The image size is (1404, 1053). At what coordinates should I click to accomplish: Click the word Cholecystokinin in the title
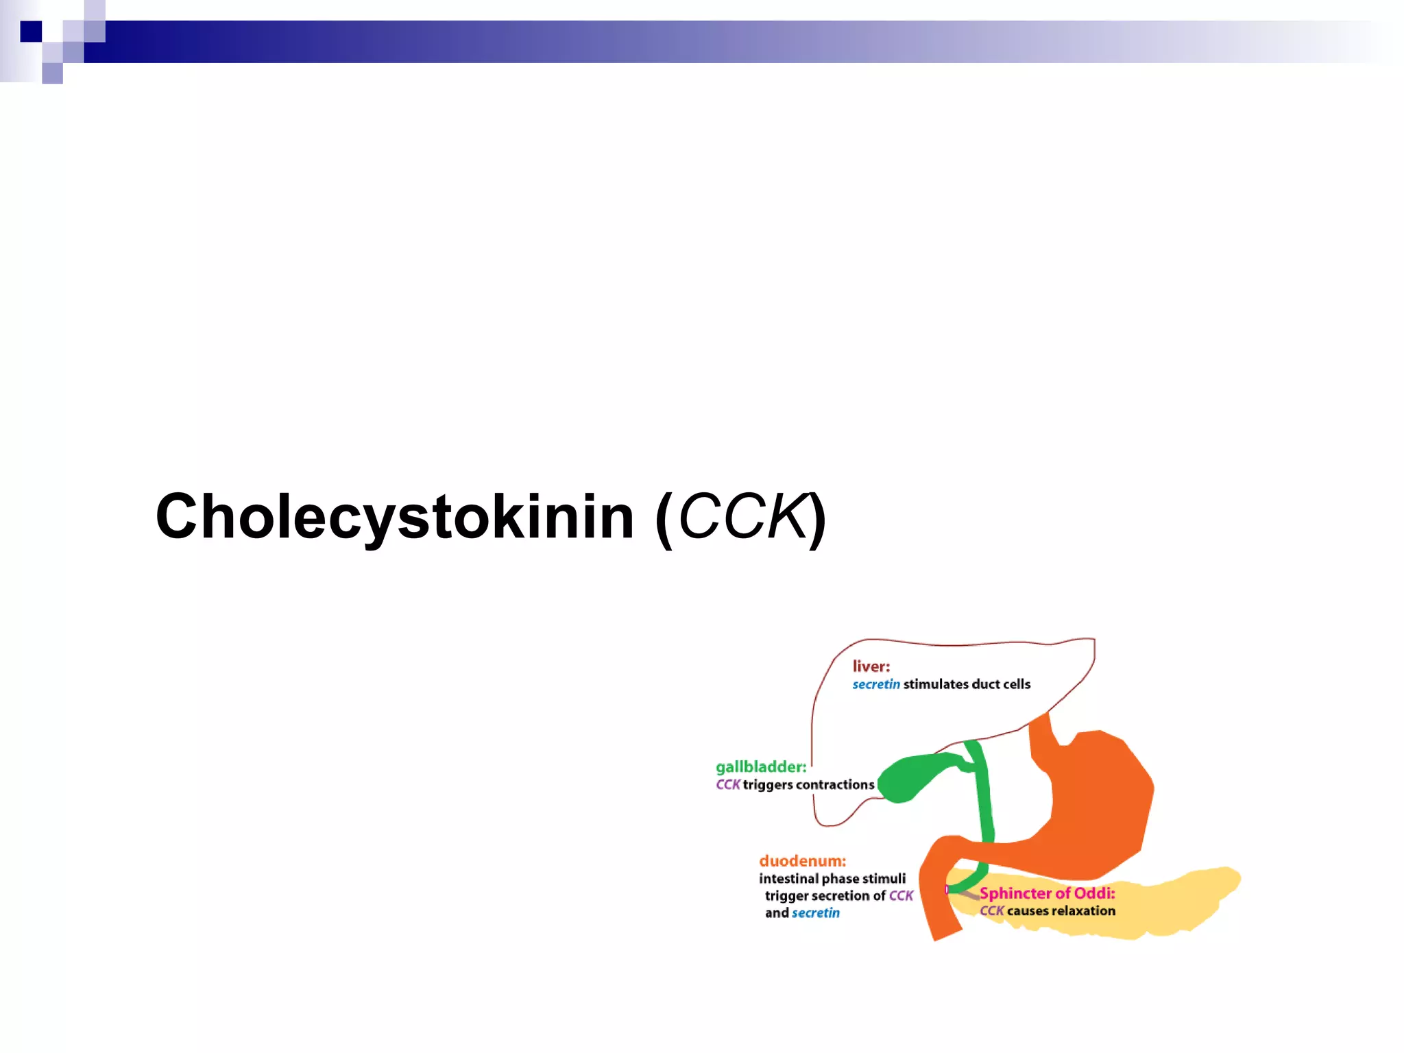tap(394, 518)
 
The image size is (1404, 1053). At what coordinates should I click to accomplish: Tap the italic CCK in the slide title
tap(742, 518)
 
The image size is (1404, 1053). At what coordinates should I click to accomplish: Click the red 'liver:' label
tap(871, 666)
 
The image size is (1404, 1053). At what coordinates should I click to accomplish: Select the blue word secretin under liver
tap(875, 684)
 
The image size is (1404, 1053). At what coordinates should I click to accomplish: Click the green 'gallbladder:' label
tap(761, 767)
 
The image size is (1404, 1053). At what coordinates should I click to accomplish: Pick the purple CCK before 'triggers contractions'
tap(727, 785)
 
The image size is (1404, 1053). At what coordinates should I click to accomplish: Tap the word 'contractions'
tap(834, 785)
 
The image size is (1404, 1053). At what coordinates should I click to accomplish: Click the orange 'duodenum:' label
tap(802, 861)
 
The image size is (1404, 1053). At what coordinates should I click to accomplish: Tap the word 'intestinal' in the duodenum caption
tap(788, 879)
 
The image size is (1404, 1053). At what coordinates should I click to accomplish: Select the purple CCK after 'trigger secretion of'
tap(901, 896)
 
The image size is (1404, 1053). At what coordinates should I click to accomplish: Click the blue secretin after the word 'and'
tap(815, 913)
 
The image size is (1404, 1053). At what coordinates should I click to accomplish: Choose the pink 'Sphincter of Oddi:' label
tap(1047, 893)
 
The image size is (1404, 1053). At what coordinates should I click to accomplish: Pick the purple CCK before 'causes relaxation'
tap(991, 911)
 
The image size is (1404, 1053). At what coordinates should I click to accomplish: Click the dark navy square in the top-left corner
tap(31, 32)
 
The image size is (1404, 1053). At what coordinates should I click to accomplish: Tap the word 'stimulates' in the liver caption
tap(936, 684)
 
